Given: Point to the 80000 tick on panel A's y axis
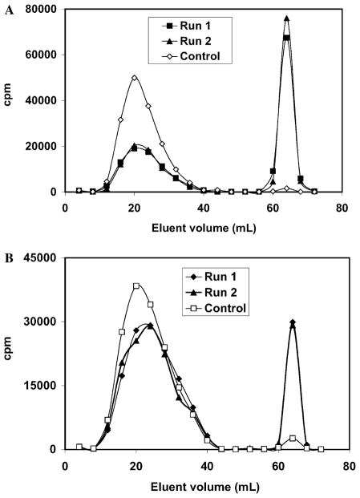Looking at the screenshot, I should coord(43,10).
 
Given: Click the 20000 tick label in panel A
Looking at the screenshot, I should coord(43,147).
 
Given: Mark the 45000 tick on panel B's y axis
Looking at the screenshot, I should coord(43,258).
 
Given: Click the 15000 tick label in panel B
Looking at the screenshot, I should coord(43,386).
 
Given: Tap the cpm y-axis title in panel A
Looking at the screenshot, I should coord(10,101).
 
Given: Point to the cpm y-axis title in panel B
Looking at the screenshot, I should coord(10,353).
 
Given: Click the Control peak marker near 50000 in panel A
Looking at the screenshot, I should coord(135,78).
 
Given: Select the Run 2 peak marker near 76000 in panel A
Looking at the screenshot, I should coord(286,18).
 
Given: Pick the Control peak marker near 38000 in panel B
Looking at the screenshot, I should coord(136,286).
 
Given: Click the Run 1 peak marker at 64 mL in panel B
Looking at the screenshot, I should coord(293,322).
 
